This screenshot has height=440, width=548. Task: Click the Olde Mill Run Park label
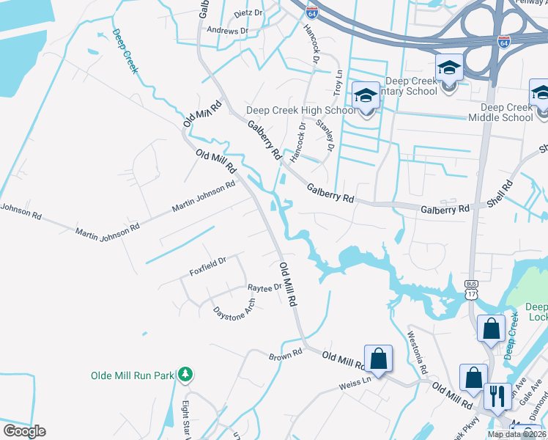point(132,375)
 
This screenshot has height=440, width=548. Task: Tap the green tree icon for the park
point(185,375)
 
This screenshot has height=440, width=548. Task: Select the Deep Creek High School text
point(300,111)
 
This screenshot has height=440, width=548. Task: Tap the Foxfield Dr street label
point(208,265)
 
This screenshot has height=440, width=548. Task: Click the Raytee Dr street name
point(264,287)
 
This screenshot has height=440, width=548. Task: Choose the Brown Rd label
point(286,354)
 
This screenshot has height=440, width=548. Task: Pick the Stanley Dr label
point(325,136)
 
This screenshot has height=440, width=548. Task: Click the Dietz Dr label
point(248,13)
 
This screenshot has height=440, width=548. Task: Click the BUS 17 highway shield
point(470,289)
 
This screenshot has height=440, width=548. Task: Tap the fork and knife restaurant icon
point(498,397)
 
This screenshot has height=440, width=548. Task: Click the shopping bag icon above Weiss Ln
point(379,359)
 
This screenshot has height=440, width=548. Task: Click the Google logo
point(24,431)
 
